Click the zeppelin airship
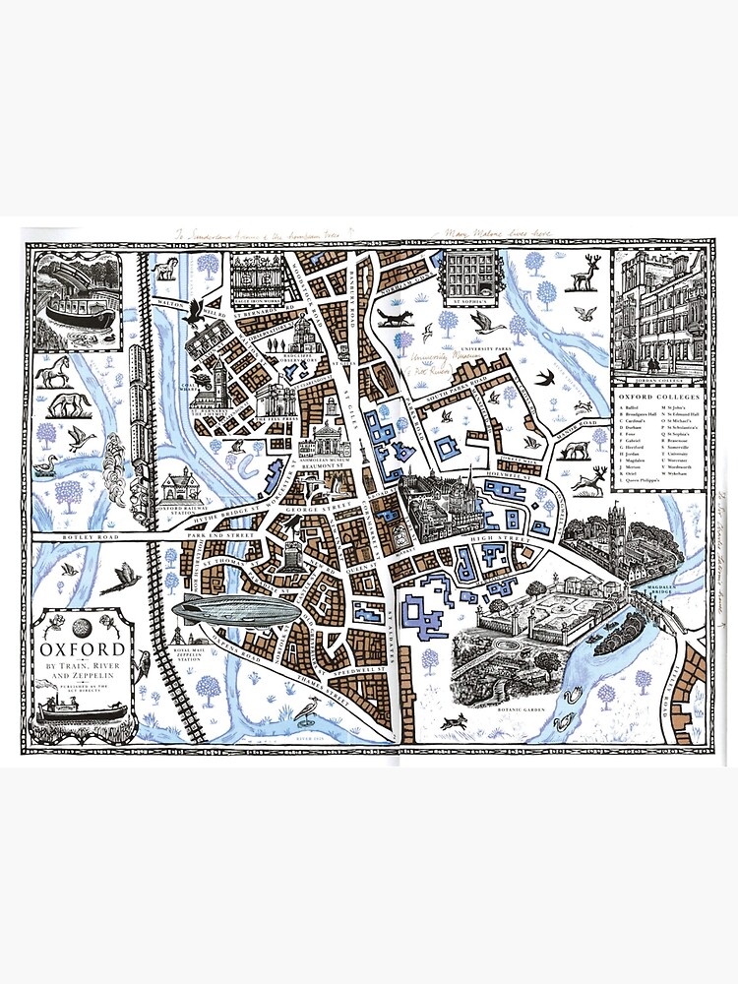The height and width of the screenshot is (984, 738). point(235,611)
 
